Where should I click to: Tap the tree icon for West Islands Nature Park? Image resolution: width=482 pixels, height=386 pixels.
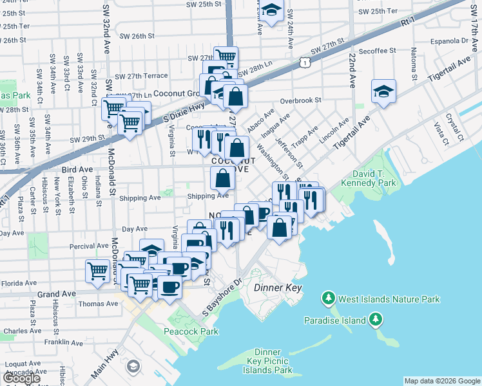329,299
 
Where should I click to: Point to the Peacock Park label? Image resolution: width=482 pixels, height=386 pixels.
198,331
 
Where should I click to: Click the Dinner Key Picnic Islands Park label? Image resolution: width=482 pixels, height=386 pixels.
266,361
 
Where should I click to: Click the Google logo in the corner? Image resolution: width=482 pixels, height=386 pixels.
21,378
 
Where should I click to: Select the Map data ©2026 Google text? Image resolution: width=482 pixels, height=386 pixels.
441,381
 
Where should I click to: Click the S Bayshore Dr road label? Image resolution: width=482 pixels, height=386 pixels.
220,295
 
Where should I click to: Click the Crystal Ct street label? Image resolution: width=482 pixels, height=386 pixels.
458,129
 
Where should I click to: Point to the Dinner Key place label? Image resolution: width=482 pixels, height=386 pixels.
278,288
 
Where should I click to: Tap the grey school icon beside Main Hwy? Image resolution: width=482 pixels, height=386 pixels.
133,367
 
